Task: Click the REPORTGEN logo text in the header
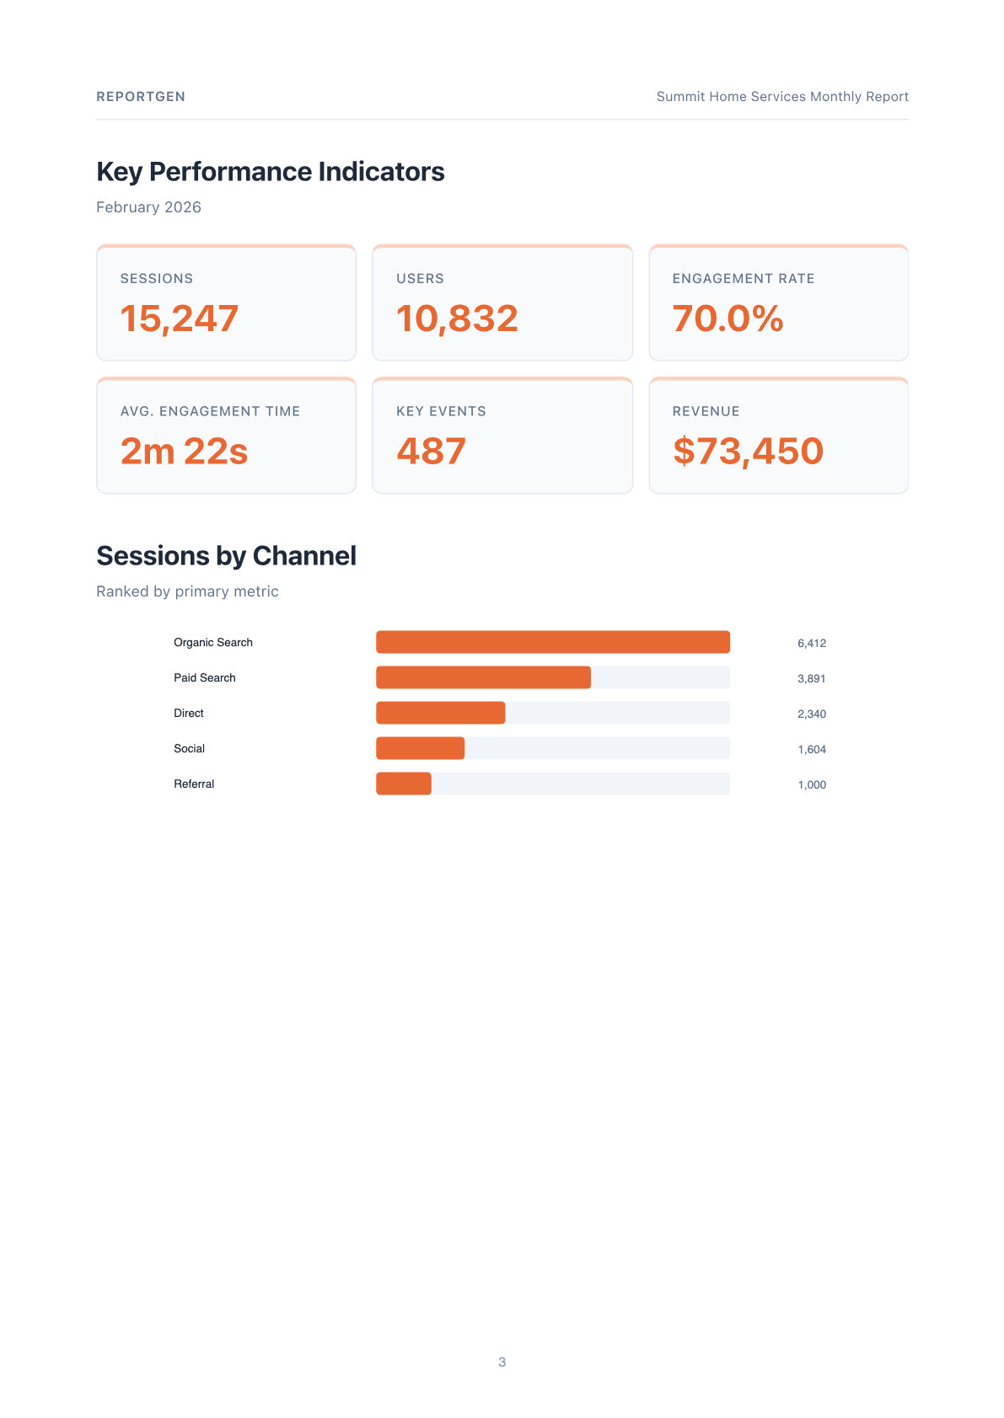click(x=141, y=97)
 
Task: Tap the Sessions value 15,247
click(x=180, y=318)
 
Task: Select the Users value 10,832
click(x=457, y=318)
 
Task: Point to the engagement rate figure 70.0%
click(x=727, y=318)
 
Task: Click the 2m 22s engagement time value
click(x=184, y=452)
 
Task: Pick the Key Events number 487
click(x=431, y=452)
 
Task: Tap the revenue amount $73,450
click(x=748, y=452)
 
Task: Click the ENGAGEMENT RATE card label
click(x=743, y=279)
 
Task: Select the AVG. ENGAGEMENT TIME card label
click(x=210, y=411)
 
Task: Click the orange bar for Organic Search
click(x=552, y=642)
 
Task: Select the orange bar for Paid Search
click(x=483, y=677)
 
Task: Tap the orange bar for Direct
click(x=440, y=713)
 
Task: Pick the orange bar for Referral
click(x=403, y=784)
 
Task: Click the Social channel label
click(x=189, y=748)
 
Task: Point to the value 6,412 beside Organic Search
click(x=811, y=643)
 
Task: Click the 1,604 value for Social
click(x=811, y=749)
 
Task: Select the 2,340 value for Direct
click(x=811, y=714)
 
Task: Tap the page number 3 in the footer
click(x=502, y=1362)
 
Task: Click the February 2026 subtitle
click(x=148, y=207)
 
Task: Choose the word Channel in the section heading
click(x=304, y=556)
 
